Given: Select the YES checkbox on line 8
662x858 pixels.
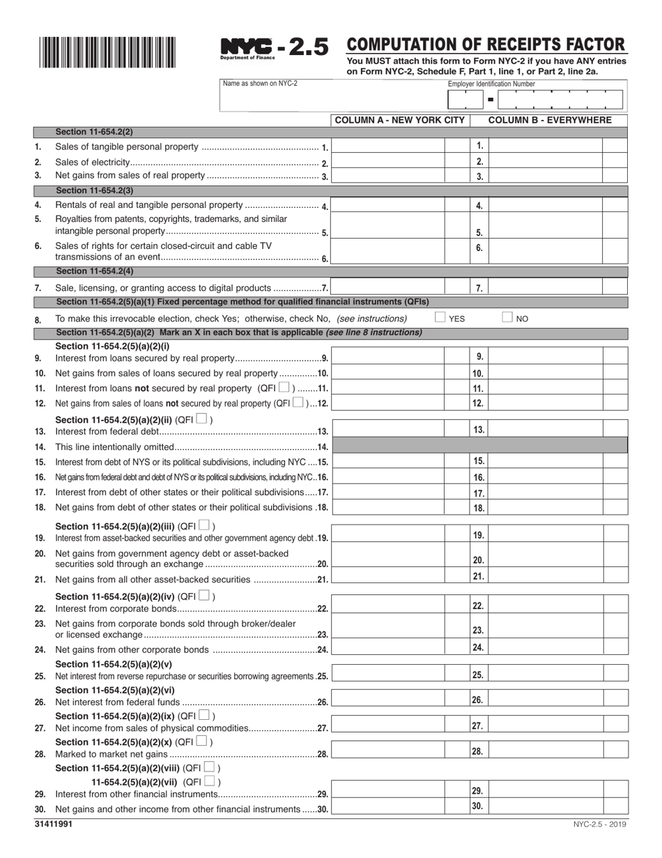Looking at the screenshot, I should click(440, 317).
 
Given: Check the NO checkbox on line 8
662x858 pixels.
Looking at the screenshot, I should click(509, 317).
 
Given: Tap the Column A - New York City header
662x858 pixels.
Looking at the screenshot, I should click(399, 120).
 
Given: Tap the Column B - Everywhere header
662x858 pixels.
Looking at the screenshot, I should click(550, 120).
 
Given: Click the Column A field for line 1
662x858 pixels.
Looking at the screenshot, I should click(388, 146).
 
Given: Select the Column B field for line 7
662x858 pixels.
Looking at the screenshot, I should click(545, 287).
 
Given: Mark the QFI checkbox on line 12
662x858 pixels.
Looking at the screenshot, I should click(298, 402).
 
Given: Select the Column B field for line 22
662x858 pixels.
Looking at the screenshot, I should click(545, 606).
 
